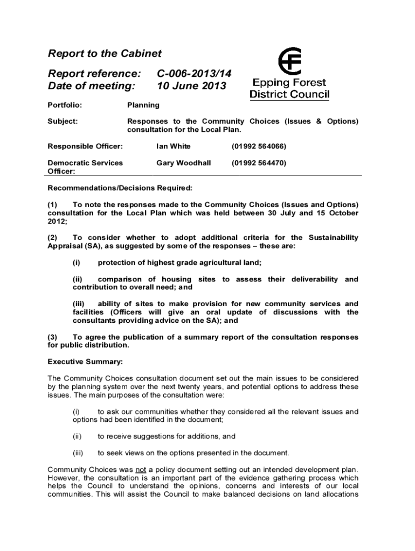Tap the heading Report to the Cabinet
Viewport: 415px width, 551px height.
105,53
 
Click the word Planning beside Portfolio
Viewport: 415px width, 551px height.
143,105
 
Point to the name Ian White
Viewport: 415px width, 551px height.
173,146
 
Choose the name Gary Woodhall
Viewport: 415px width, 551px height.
183,163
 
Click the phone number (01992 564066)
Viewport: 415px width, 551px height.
259,146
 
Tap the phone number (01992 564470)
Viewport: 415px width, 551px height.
259,163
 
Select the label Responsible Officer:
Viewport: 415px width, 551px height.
86,146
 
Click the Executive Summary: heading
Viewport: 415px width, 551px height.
85,362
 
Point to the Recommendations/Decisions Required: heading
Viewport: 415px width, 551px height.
120,188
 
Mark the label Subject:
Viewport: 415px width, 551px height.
63,122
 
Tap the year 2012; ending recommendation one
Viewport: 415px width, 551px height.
58,221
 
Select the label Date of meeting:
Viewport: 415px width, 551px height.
91,86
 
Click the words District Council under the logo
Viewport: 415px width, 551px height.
289,95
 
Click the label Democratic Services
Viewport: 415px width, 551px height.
85,163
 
